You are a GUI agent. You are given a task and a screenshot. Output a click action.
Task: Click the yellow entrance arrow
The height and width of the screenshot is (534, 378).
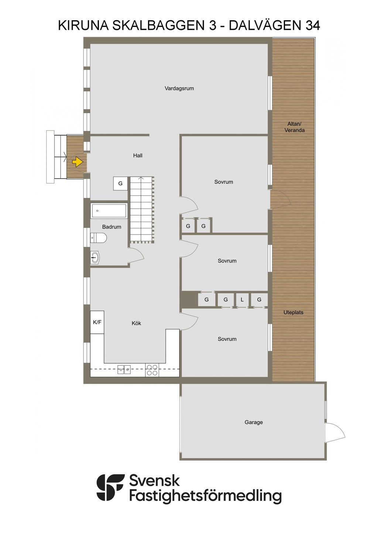click(x=78, y=162)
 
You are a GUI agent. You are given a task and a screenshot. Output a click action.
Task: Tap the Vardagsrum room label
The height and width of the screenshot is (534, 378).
click(x=179, y=89)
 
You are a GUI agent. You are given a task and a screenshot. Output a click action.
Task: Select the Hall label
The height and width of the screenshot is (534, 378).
click(x=138, y=156)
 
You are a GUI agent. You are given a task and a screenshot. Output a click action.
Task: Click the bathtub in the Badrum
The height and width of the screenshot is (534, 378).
click(x=109, y=211)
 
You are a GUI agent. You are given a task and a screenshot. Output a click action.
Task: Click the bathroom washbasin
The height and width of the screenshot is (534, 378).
click(x=95, y=257)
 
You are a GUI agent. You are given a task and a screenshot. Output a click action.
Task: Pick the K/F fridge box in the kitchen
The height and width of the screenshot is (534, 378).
click(x=97, y=322)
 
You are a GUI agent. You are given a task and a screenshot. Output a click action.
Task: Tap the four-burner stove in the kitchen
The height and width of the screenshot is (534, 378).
click(x=152, y=370)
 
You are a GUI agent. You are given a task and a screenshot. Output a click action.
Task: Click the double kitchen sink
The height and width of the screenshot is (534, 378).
click(x=124, y=370)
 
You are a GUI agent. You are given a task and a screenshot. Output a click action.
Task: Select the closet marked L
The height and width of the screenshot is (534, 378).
click(x=242, y=300)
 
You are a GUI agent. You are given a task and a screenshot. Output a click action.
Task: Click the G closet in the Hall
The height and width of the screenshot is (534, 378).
click(x=120, y=184)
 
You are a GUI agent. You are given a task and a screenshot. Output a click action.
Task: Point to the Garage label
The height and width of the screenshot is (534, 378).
click(x=254, y=422)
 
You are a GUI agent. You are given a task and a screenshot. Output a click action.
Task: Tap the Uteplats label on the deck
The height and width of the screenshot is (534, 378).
click(x=293, y=312)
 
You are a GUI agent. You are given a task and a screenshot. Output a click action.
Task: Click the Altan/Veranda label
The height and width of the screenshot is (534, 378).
click(x=294, y=127)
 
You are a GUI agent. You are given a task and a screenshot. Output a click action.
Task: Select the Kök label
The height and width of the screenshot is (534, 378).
click(x=136, y=323)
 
